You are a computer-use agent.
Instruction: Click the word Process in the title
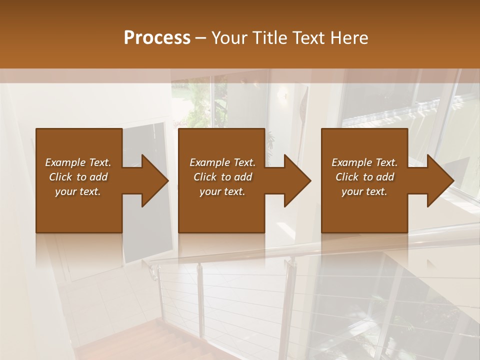coord(157,38)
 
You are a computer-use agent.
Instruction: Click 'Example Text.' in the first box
coord(78,162)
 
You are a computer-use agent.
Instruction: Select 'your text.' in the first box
coord(78,191)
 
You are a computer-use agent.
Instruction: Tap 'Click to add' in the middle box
coord(222,177)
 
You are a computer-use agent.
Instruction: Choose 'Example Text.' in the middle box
coord(222,162)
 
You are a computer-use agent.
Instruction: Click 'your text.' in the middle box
coord(222,191)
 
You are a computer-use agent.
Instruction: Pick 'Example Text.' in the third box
coord(364,162)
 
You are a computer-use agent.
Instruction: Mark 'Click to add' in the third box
coord(364,177)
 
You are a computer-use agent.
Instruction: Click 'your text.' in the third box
coord(364,191)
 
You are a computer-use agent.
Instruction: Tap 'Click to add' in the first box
coord(78,177)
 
